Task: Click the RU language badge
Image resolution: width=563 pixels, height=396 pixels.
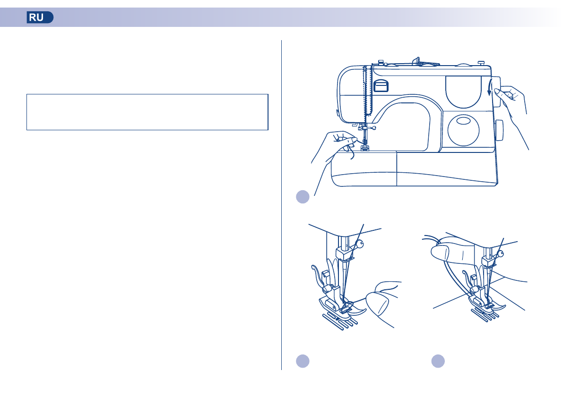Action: click(x=40, y=18)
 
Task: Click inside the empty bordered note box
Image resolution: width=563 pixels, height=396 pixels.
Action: click(x=147, y=112)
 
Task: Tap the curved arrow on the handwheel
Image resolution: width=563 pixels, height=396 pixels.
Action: click(x=490, y=87)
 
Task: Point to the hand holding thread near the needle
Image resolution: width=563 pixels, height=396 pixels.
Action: click(x=338, y=144)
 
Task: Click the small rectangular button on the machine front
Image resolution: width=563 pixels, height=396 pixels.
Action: click(x=381, y=85)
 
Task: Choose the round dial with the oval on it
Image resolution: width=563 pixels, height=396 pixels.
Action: click(x=463, y=128)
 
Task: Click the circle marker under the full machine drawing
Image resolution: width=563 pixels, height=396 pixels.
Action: click(x=303, y=197)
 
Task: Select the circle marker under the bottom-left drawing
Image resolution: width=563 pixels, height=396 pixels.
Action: click(x=303, y=361)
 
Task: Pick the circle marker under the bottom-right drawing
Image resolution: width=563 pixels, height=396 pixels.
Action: click(x=438, y=361)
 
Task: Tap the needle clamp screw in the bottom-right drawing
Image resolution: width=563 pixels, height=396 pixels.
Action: click(x=501, y=253)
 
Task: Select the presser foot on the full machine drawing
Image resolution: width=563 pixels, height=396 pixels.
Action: click(x=364, y=148)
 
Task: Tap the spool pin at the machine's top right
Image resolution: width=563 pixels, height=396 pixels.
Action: click(x=481, y=62)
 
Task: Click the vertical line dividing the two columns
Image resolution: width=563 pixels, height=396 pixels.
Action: click(x=282, y=203)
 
